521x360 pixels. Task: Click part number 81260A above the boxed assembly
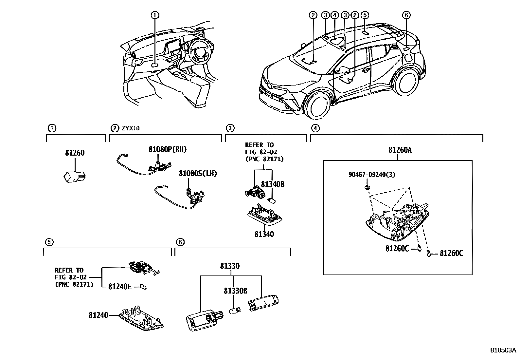[x=400, y=150]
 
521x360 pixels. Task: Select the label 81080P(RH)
[x=167, y=149]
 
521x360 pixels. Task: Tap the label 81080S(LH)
[x=198, y=173]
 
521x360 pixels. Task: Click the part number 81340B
[x=272, y=184]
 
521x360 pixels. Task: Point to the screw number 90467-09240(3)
[x=371, y=175]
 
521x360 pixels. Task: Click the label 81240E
[x=120, y=287]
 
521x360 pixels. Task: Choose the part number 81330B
[x=235, y=291]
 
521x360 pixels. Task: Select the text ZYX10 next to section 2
[x=131, y=128]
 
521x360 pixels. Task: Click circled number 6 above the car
[x=406, y=15]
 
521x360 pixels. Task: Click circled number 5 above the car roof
[x=365, y=15]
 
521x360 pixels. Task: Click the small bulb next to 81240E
[x=143, y=287]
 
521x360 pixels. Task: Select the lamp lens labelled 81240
[x=141, y=318]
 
